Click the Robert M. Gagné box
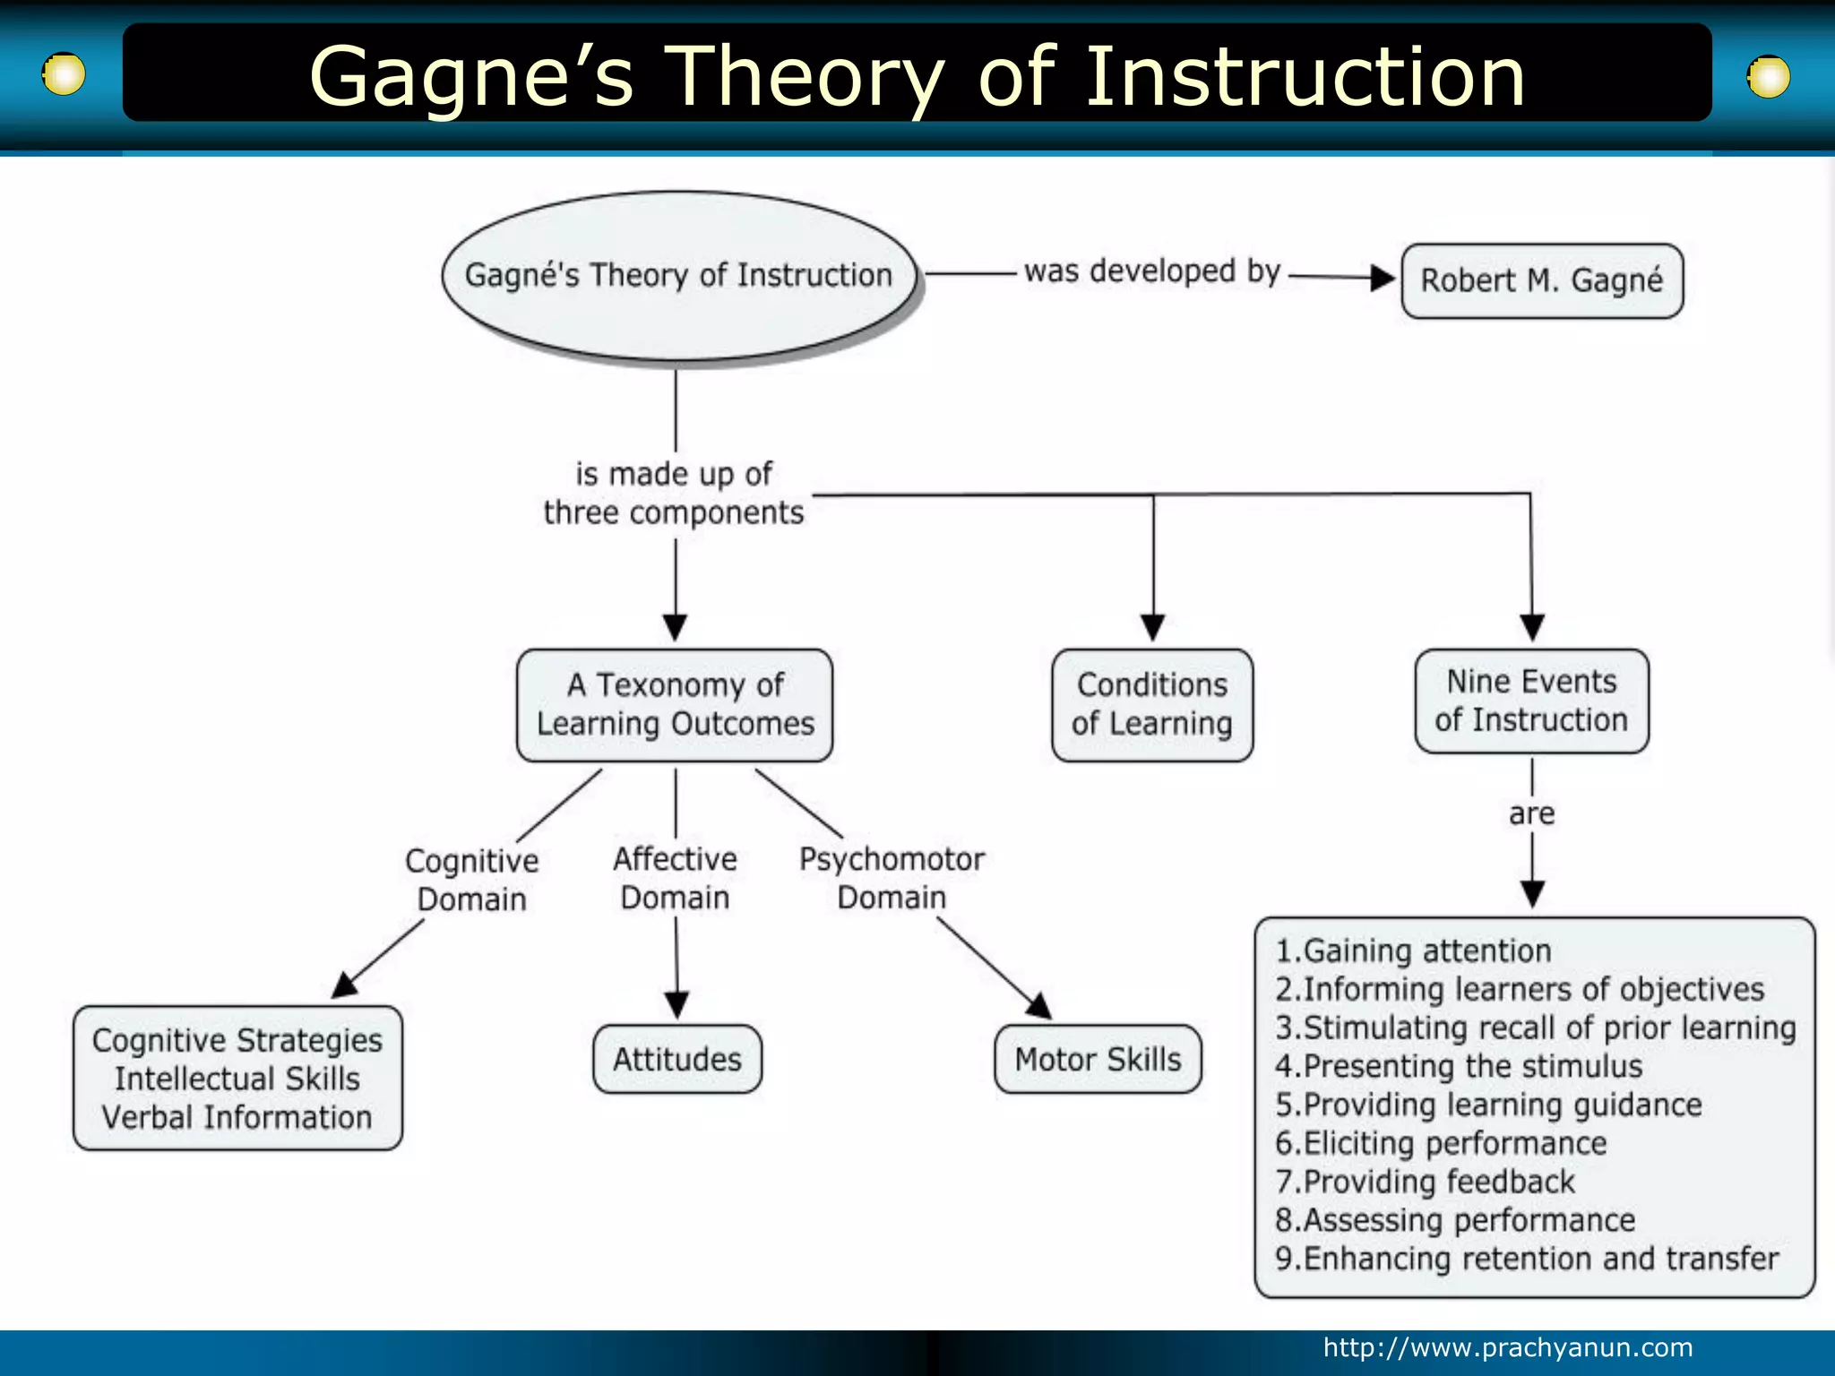(x=1542, y=280)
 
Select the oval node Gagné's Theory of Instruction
(x=678, y=275)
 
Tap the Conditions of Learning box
(x=1152, y=705)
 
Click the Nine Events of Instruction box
(x=1531, y=701)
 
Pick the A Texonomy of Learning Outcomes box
(x=675, y=705)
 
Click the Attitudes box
(x=677, y=1059)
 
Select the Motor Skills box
(x=1098, y=1059)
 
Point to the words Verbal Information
(x=237, y=1117)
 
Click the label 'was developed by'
(x=1152, y=271)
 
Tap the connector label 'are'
(x=1531, y=813)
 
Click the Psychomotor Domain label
(x=892, y=878)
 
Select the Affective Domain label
(x=675, y=878)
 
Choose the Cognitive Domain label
(x=472, y=880)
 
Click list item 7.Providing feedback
(x=1425, y=1182)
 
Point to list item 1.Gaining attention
(x=1413, y=950)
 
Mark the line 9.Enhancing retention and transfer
(x=1527, y=1259)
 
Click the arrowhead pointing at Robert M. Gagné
(x=1383, y=279)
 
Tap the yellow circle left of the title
(x=64, y=74)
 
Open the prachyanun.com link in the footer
(x=1508, y=1347)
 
